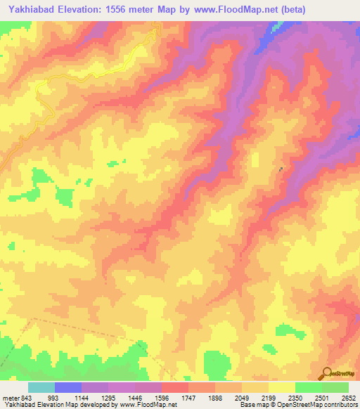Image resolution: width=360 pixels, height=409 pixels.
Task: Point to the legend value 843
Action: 26,398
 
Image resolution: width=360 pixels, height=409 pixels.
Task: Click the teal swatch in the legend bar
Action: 41,387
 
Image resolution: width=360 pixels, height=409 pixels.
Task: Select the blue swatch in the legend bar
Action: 68,387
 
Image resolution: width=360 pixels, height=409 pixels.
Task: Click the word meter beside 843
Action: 10,398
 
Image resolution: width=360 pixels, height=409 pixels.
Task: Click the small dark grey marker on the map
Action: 282,169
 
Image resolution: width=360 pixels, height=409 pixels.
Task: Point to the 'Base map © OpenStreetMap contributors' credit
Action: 298,405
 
